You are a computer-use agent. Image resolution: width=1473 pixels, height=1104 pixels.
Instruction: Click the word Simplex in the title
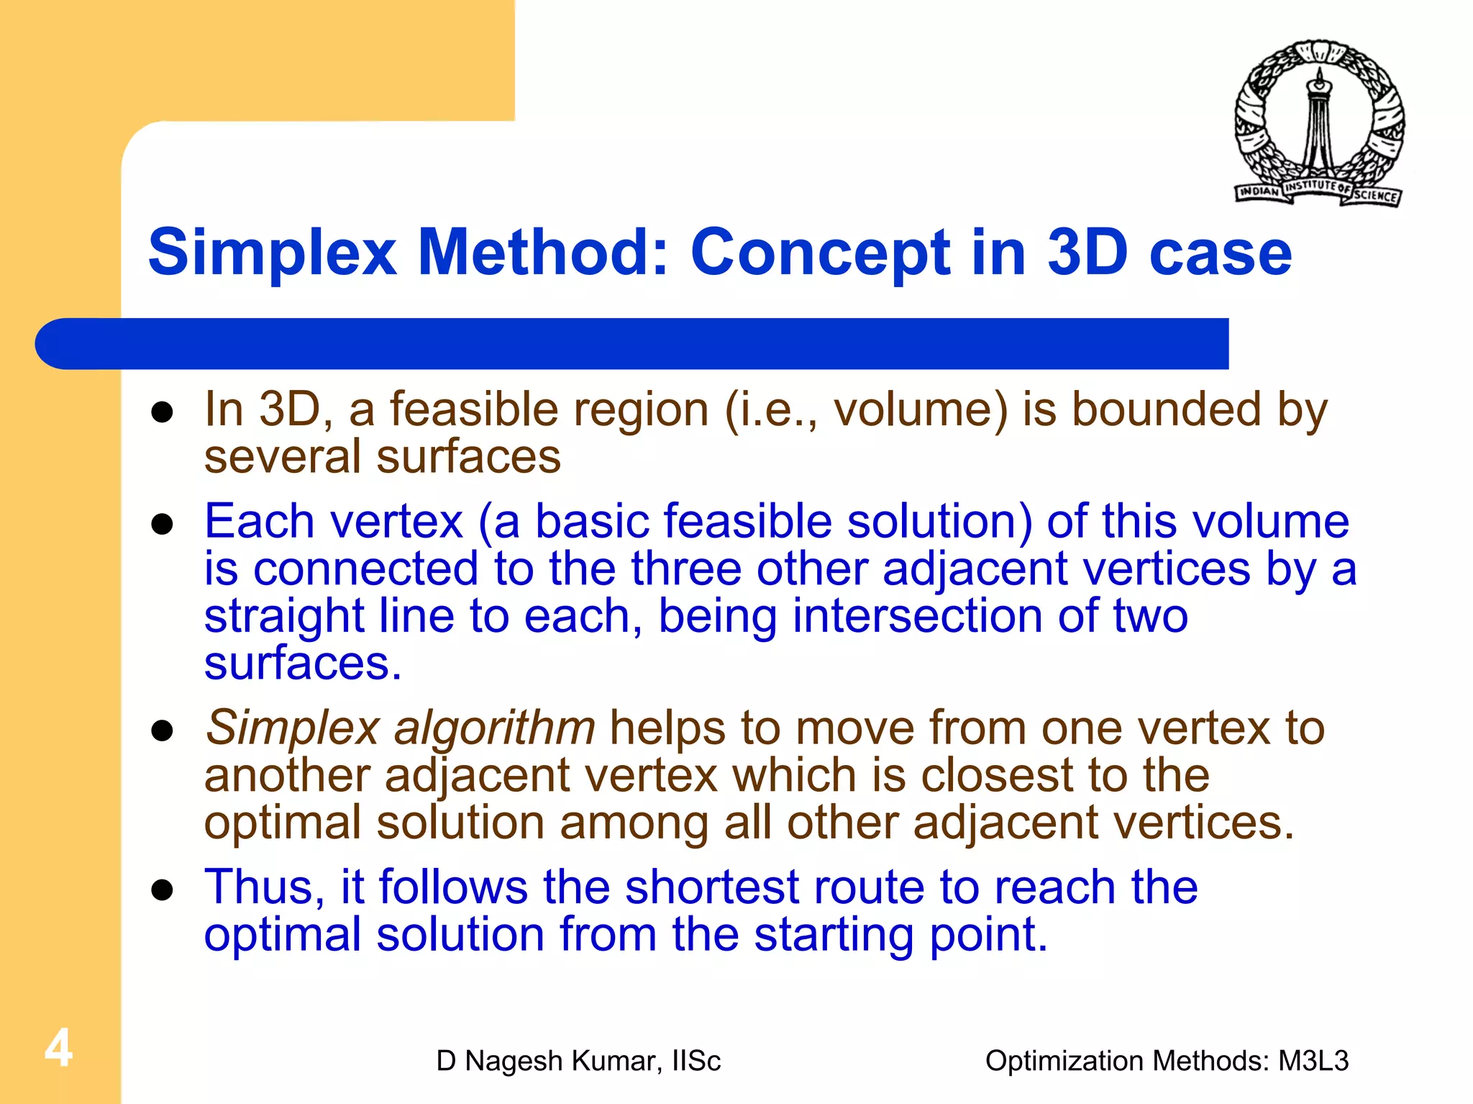coord(272,252)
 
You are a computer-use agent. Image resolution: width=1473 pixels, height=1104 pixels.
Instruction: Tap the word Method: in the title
coord(544,252)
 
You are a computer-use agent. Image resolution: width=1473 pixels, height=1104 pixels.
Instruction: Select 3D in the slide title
coord(1087,252)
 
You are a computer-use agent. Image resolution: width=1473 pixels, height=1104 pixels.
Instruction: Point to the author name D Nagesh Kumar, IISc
coord(578,1061)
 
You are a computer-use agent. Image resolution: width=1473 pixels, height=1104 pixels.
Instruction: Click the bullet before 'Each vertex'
coord(163,525)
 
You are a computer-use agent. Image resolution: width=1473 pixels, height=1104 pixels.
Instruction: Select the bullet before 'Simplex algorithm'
coord(163,731)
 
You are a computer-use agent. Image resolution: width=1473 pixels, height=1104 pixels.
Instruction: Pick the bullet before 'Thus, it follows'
coord(163,890)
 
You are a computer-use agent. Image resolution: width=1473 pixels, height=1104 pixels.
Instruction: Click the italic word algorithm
coord(494,728)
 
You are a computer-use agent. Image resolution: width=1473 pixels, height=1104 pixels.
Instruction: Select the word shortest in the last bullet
coord(711,887)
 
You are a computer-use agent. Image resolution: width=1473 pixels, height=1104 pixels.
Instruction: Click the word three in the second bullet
coord(686,569)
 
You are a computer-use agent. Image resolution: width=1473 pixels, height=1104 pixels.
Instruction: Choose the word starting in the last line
coord(834,935)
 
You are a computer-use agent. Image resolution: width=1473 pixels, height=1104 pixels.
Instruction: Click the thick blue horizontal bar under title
coord(633,344)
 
